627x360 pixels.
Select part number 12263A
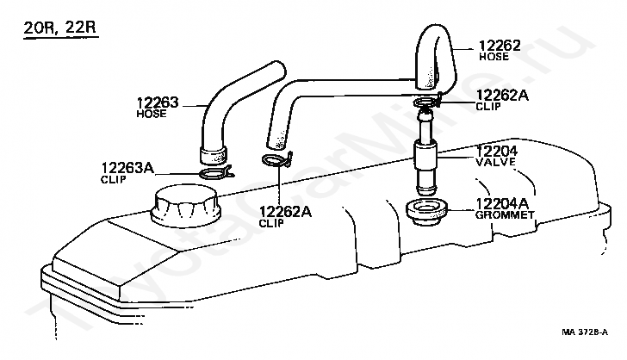coord(128,169)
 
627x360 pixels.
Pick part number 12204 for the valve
coord(497,151)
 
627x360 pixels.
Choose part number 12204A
coord(501,203)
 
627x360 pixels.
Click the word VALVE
coord(494,161)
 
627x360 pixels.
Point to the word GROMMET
coord(504,214)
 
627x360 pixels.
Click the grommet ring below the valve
coord(425,211)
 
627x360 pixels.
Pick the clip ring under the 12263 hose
coord(214,174)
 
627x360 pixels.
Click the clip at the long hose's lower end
coord(278,162)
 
